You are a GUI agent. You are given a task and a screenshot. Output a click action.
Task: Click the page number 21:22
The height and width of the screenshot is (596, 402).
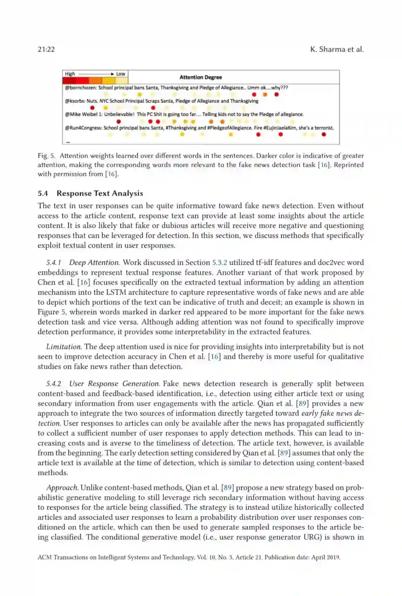[x=46, y=49]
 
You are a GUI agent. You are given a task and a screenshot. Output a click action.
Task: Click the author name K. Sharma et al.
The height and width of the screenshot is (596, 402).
[x=336, y=49]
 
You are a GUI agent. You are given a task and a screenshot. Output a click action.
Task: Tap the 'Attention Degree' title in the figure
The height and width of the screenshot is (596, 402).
[x=201, y=77]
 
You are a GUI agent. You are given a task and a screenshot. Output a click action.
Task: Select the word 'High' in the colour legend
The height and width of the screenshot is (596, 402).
[x=70, y=74]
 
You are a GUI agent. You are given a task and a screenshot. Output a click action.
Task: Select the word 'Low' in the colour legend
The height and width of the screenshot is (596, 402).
[x=121, y=74]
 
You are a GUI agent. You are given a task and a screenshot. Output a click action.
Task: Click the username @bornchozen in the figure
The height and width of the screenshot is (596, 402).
[x=80, y=88]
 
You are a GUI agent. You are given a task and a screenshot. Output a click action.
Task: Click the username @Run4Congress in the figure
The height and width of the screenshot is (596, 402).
[x=83, y=128]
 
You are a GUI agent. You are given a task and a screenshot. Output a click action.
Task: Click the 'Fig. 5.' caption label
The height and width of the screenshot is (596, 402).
[x=47, y=156]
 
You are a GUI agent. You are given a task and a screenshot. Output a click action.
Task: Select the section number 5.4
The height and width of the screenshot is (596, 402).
[x=43, y=193]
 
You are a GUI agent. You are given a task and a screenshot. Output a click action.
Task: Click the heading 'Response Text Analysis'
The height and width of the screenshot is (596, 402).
[x=100, y=193]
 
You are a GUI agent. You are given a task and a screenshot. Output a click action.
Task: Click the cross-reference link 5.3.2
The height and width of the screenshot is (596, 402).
[x=220, y=263]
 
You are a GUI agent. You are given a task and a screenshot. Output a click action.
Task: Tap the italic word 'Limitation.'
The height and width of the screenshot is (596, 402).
[x=64, y=347]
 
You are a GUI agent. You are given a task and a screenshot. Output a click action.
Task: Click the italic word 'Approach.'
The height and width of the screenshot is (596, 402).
[x=62, y=488]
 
